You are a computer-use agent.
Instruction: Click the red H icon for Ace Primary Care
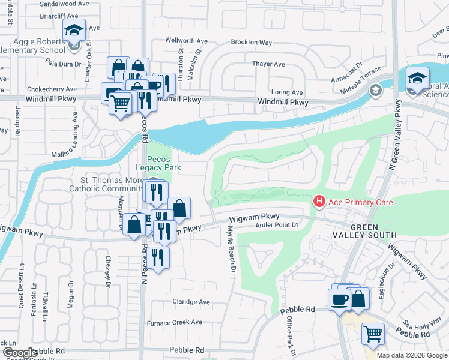click(319, 202)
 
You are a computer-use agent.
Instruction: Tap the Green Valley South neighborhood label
click(373, 231)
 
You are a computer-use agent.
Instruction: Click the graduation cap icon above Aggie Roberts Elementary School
click(74, 30)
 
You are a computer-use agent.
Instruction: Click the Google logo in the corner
click(20, 353)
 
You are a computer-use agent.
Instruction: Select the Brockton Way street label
click(252, 43)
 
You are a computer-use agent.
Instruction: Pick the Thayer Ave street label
click(268, 64)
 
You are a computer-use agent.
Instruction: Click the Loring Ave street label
click(288, 92)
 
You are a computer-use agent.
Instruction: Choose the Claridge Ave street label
click(192, 302)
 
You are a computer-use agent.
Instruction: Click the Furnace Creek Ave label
click(175, 322)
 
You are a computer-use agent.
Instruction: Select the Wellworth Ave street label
click(187, 41)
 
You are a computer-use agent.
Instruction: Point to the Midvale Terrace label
click(360, 76)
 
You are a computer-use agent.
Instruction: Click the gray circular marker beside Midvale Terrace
click(376, 91)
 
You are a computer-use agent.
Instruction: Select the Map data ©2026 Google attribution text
click(411, 355)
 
